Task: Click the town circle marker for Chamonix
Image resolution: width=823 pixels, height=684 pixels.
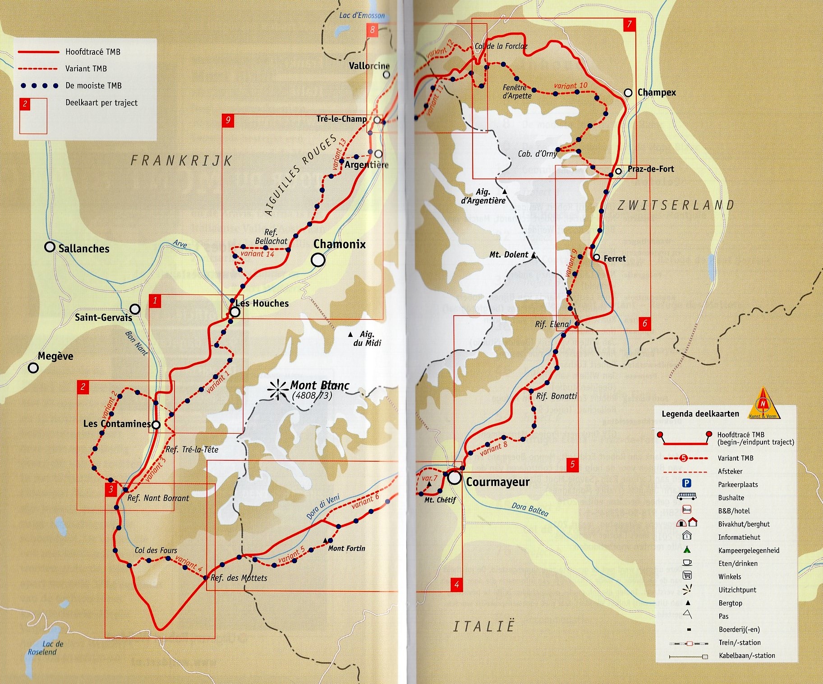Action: click(318, 260)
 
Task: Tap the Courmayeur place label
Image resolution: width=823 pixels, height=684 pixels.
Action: click(497, 482)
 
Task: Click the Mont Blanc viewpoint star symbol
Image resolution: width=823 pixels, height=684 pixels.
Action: click(278, 390)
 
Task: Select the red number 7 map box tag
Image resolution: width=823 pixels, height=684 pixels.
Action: click(629, 24)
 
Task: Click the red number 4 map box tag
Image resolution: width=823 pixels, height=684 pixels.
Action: click(456, 585)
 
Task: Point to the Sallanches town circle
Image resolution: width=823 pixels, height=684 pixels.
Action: click(50, 247)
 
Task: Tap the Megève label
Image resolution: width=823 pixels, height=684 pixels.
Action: click(55, 356)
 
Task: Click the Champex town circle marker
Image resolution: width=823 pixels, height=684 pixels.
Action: click(628, 93)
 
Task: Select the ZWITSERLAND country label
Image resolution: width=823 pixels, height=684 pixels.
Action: click(676, 206)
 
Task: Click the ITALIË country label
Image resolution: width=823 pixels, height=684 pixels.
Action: click(484, 627)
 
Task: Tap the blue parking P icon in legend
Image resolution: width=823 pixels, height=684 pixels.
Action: click(686, 483)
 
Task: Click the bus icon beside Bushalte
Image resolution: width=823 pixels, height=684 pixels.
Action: click(686, 496)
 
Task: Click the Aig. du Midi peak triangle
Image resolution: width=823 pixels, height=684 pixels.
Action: click(350, 335)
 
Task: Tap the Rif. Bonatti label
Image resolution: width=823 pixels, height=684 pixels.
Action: click(556, 396)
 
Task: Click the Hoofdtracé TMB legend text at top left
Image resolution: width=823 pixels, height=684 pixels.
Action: click(93, 52)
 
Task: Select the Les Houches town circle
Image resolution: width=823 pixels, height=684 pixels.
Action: click(234, 312)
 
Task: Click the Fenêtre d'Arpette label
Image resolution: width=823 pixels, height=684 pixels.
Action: click(517, 92)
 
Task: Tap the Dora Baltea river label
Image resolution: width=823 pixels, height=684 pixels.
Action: click(530, 510)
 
